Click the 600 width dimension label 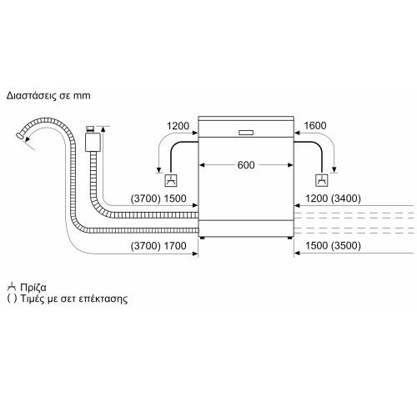point(246,165)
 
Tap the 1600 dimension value point(315,126)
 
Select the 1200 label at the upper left point(178,126)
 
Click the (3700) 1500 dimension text point(158,198)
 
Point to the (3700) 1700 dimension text point(158,246)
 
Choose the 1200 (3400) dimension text point(333,198)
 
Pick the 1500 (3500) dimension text point(333,246)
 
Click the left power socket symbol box point(171,180)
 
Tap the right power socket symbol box point(322,180)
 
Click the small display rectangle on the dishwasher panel point(246,133)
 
